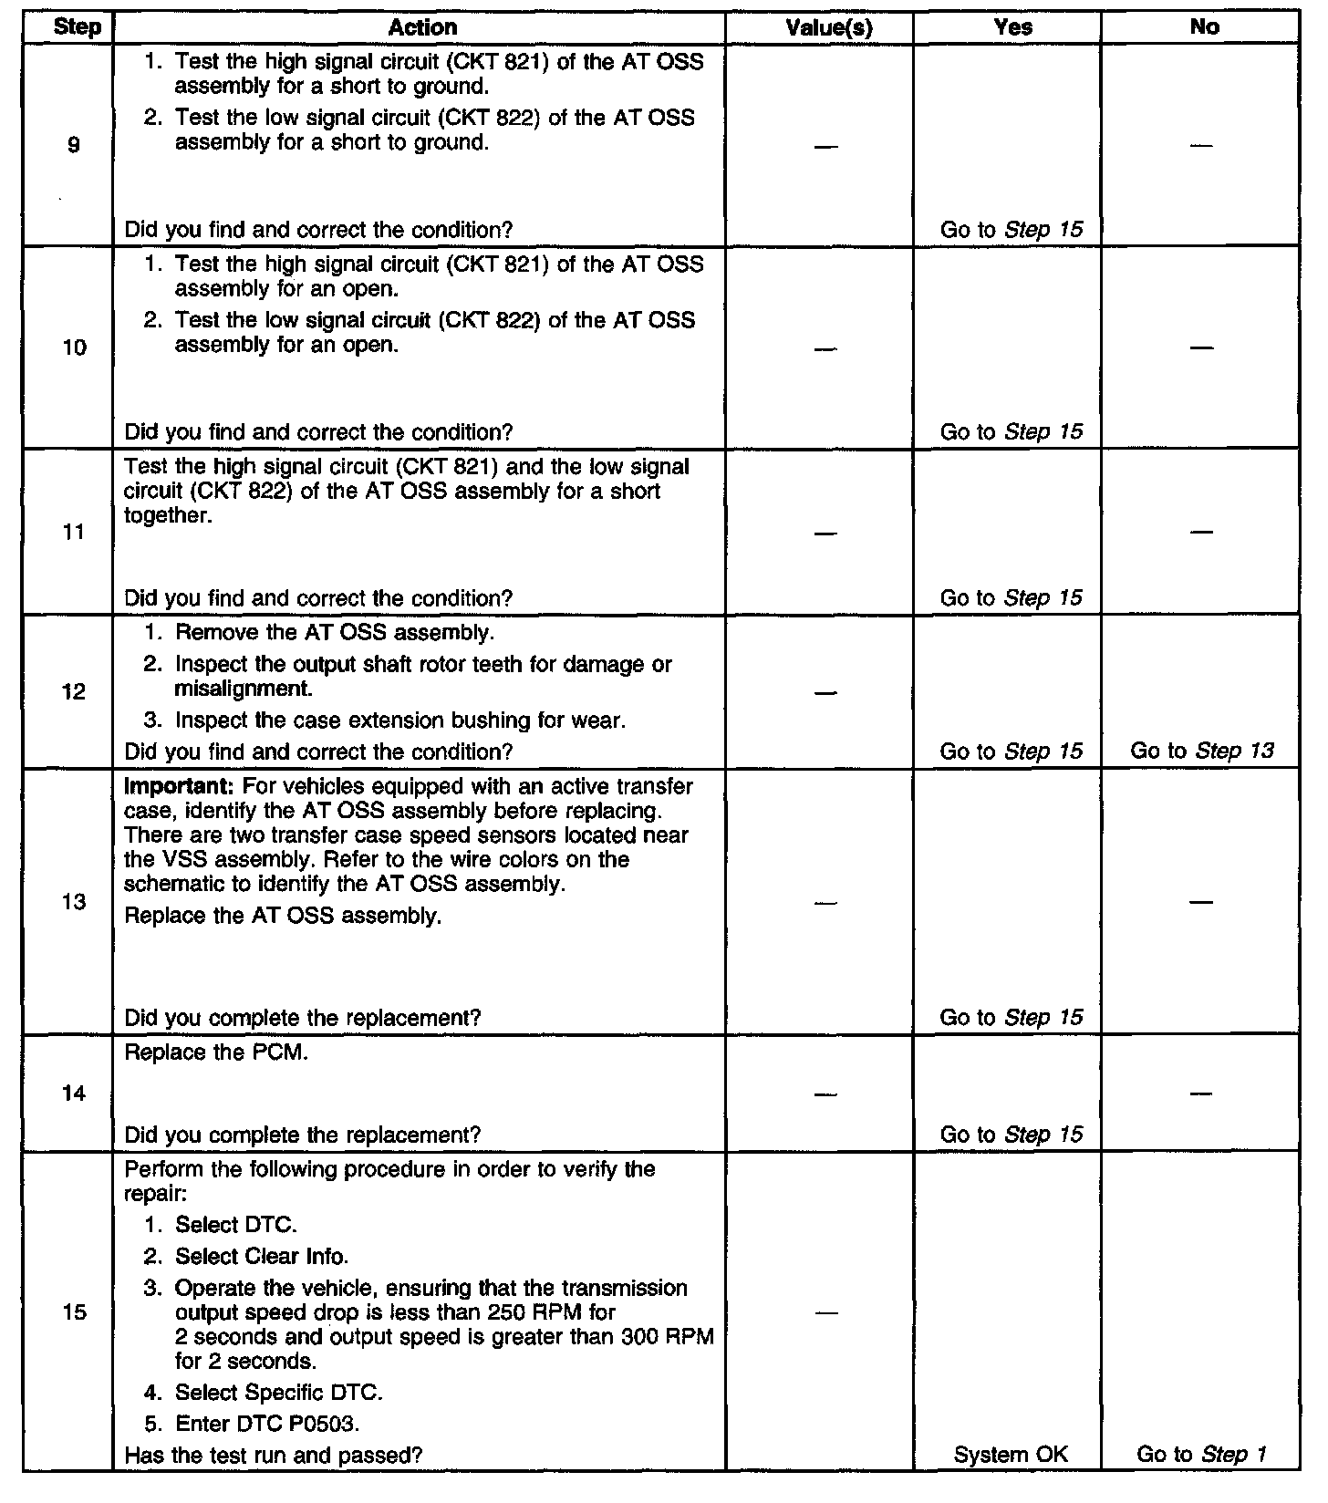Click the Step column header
point(78,27)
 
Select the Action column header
point(421,27)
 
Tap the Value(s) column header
point(828,28)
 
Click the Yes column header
point(1012,27)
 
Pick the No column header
point(1204,27)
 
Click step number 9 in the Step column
point(74,145)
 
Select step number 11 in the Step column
point(74,533)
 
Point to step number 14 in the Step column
point(74,1094)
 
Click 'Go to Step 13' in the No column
point(1201,751)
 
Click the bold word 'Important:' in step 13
point(179,786)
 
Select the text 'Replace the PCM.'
point(216,1052)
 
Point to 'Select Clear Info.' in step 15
point(261,1257)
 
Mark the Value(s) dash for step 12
point(825,692)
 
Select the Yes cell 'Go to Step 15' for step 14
point(1011,1135)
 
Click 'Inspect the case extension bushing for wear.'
point(399,720)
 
